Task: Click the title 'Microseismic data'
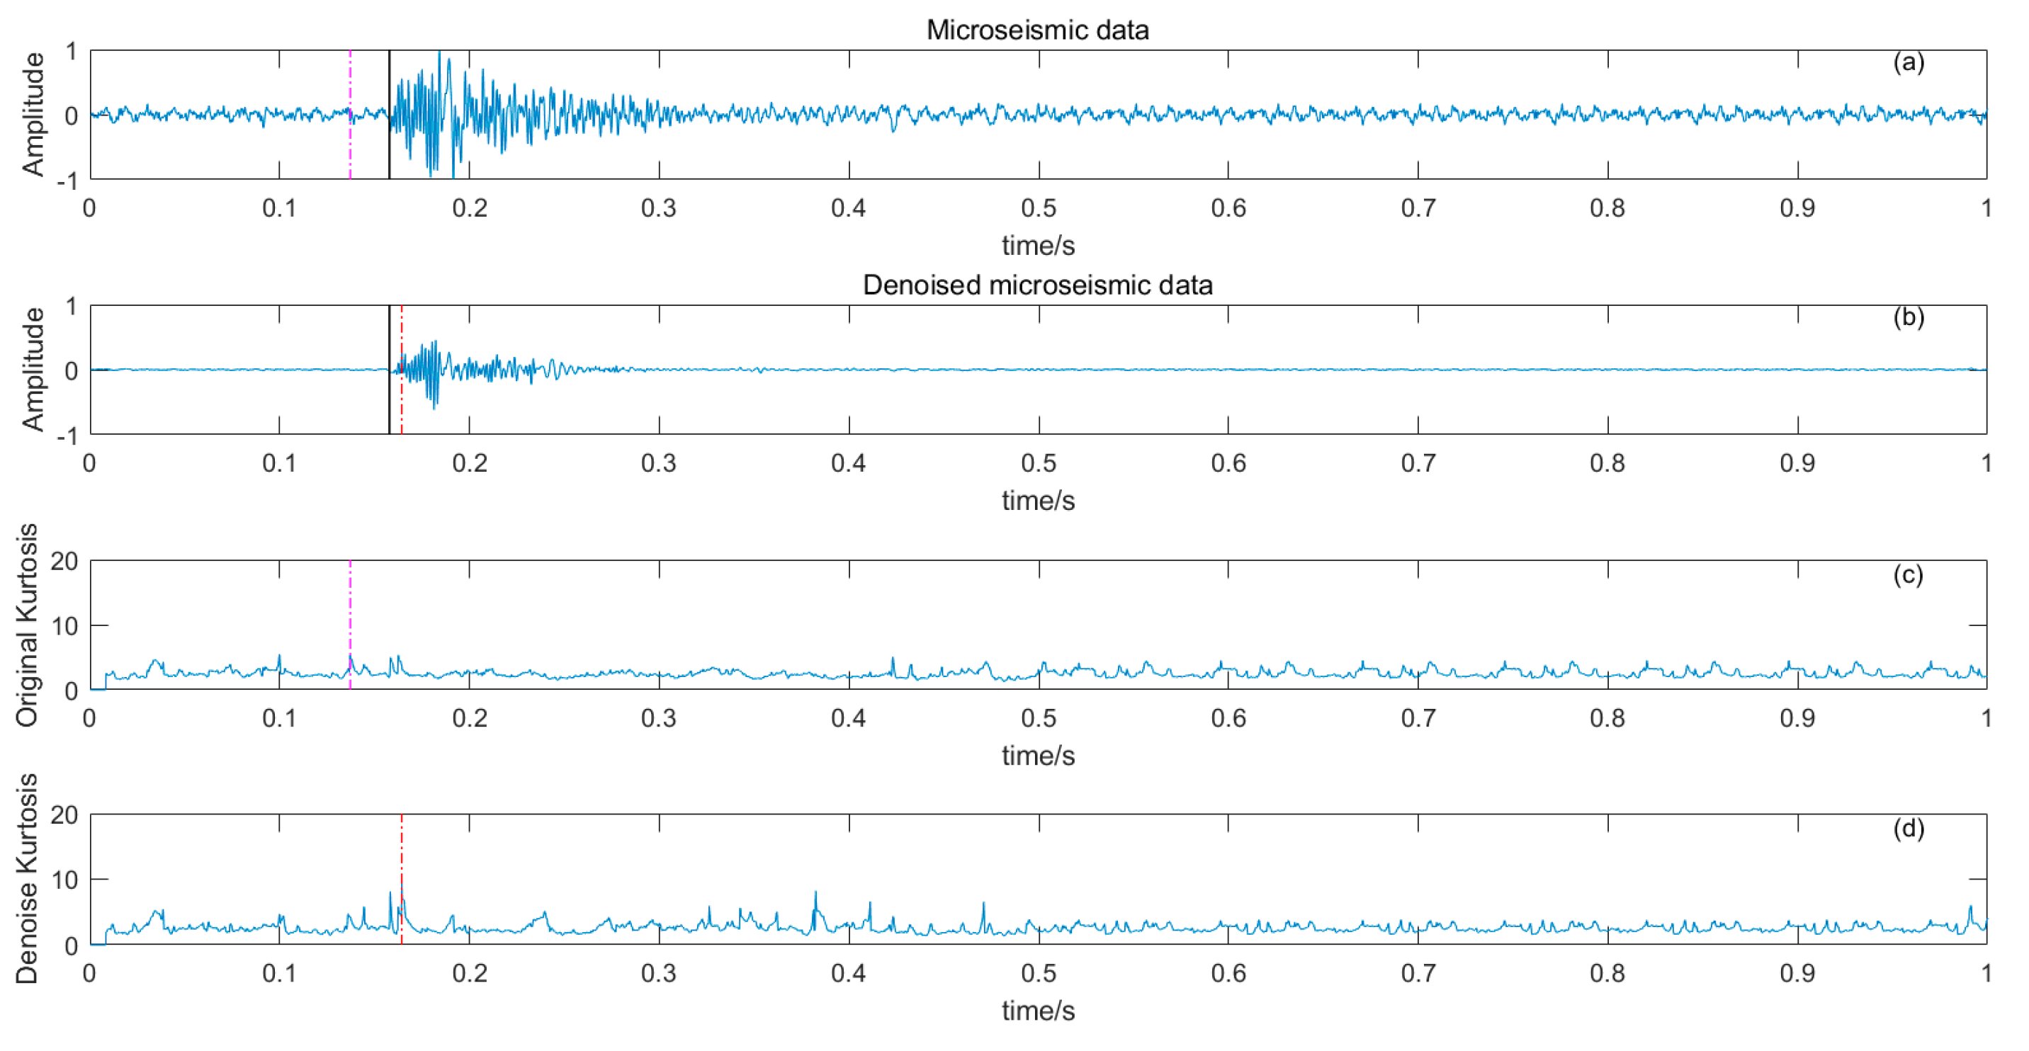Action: tap(1037, 30)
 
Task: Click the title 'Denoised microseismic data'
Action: tap(1037, 285)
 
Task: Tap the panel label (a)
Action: tap(1908, 62)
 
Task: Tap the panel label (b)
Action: tap(1908, 317)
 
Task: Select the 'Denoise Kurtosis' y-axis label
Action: tap(28, 879)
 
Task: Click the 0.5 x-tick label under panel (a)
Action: tap(1038, 209)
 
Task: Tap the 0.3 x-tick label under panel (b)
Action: tap(658, 464)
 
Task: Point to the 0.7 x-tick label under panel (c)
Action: tap(1418, 719)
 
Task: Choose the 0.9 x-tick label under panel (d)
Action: tap(1797, 974)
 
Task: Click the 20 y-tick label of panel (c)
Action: tap(64, 562)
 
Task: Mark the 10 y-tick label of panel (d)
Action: tap(64, 880)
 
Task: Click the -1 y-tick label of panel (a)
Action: tap(67, 181)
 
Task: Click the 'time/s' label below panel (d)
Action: tap(1038, 1011)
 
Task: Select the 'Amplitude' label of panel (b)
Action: tap(33, 369)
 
